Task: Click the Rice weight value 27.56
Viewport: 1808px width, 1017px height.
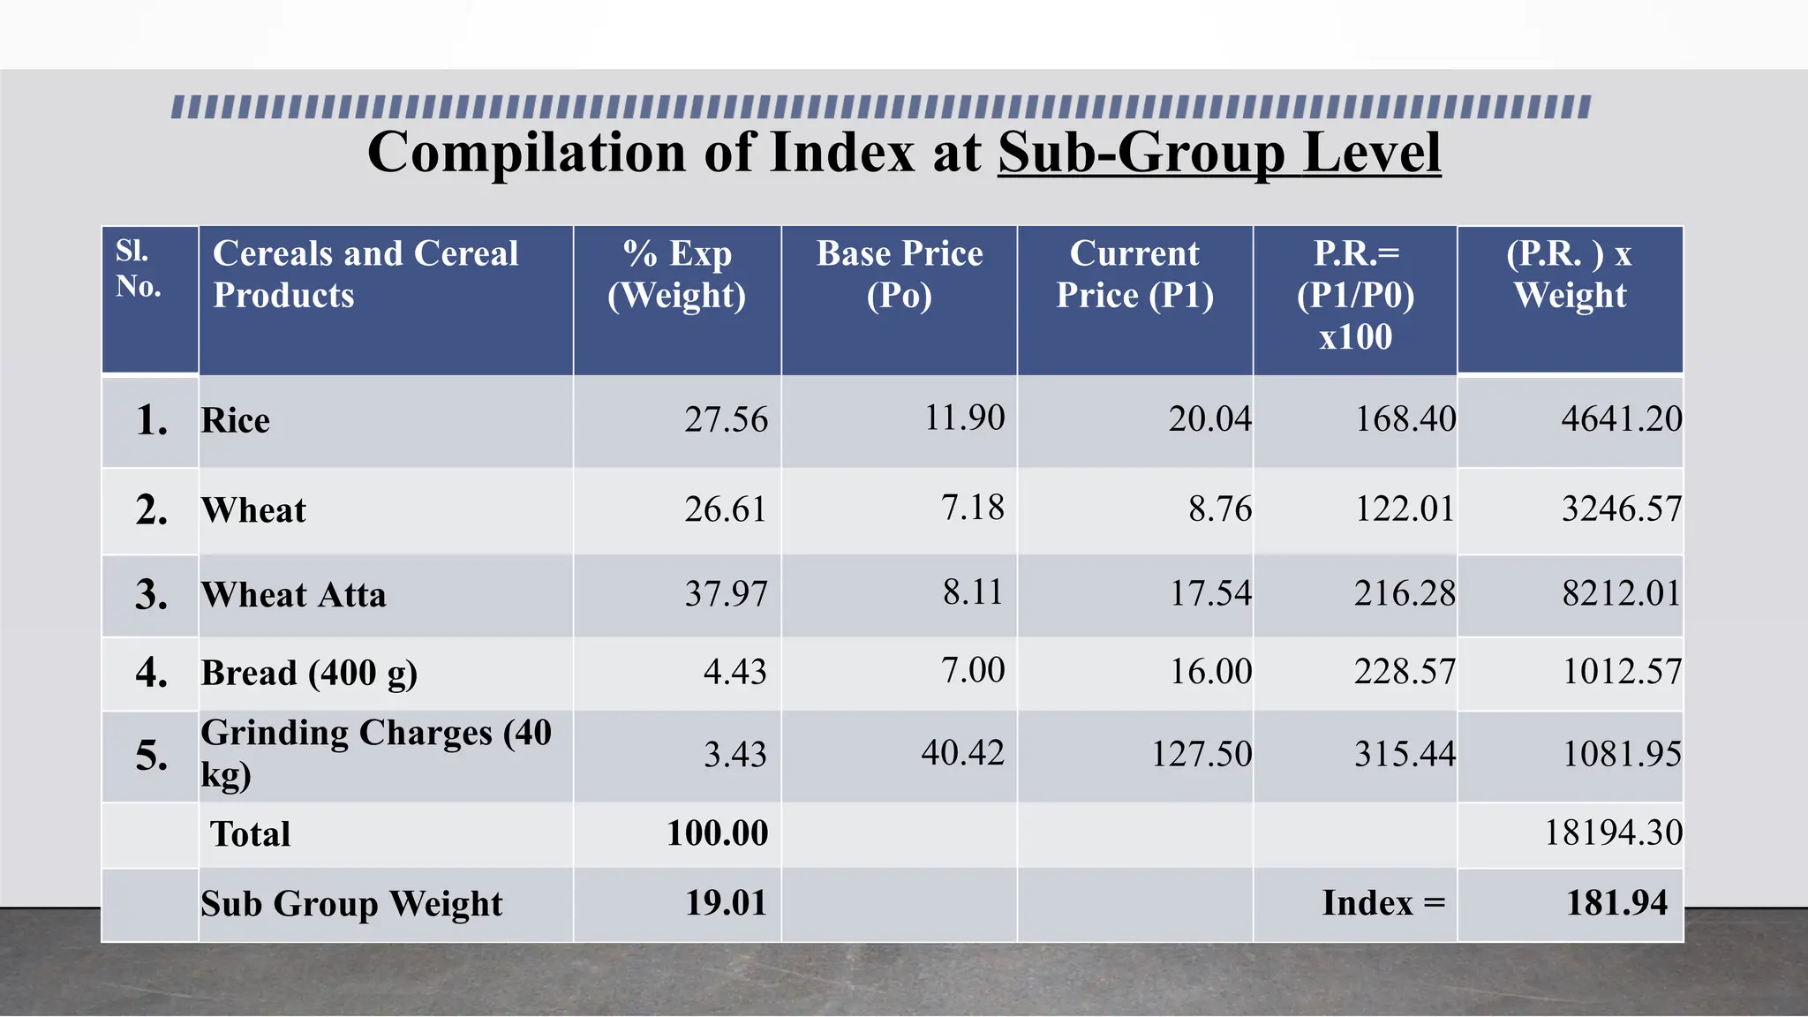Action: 726,419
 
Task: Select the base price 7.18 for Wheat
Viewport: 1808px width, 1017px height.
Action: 972,508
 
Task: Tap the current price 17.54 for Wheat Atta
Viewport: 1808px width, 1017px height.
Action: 1210,593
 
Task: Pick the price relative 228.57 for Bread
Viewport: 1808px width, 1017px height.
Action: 1405,672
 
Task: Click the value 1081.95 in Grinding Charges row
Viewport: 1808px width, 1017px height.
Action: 1622,754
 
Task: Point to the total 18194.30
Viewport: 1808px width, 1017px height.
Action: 1613,832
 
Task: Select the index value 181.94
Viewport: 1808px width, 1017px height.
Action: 1616,903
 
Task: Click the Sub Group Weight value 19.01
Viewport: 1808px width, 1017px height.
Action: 726,903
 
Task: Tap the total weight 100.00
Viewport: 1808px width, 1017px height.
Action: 717,832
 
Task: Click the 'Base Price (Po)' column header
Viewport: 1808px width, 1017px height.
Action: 899,274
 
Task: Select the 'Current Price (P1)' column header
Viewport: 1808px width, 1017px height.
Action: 1134,274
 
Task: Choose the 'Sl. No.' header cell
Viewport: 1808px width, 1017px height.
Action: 139,268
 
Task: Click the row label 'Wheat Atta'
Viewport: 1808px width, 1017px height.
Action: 294,595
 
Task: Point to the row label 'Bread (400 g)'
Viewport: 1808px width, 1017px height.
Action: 309,674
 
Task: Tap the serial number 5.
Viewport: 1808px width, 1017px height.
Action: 151,756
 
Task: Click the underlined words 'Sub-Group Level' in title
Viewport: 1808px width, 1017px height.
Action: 1219,153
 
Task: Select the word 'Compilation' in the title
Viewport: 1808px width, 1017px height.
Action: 527,153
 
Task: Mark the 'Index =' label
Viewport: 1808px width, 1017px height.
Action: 1383,903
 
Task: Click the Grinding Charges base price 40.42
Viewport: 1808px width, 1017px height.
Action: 962,753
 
